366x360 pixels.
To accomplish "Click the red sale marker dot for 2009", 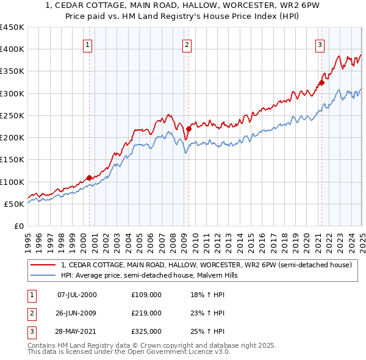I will [x=189, y=129].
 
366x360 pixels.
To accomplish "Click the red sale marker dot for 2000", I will [x=89, y=178].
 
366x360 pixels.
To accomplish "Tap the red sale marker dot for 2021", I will [x=321, y=83].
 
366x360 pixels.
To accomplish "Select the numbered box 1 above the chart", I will [x=88, y=45].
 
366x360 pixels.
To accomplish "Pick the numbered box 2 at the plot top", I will [x=187, y=45].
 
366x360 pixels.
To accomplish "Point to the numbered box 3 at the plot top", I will [x=320, y=45].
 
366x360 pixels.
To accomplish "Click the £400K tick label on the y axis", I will [x=12, y=49].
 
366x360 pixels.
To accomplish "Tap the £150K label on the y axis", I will [x=12, y=160].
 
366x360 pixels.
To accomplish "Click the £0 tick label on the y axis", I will [x=18, y=226].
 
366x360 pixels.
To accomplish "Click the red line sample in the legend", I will [x=43, y=265].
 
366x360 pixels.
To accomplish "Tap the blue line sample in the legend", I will [x=43, y=276].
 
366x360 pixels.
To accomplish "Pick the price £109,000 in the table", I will [x=146, y=295].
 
